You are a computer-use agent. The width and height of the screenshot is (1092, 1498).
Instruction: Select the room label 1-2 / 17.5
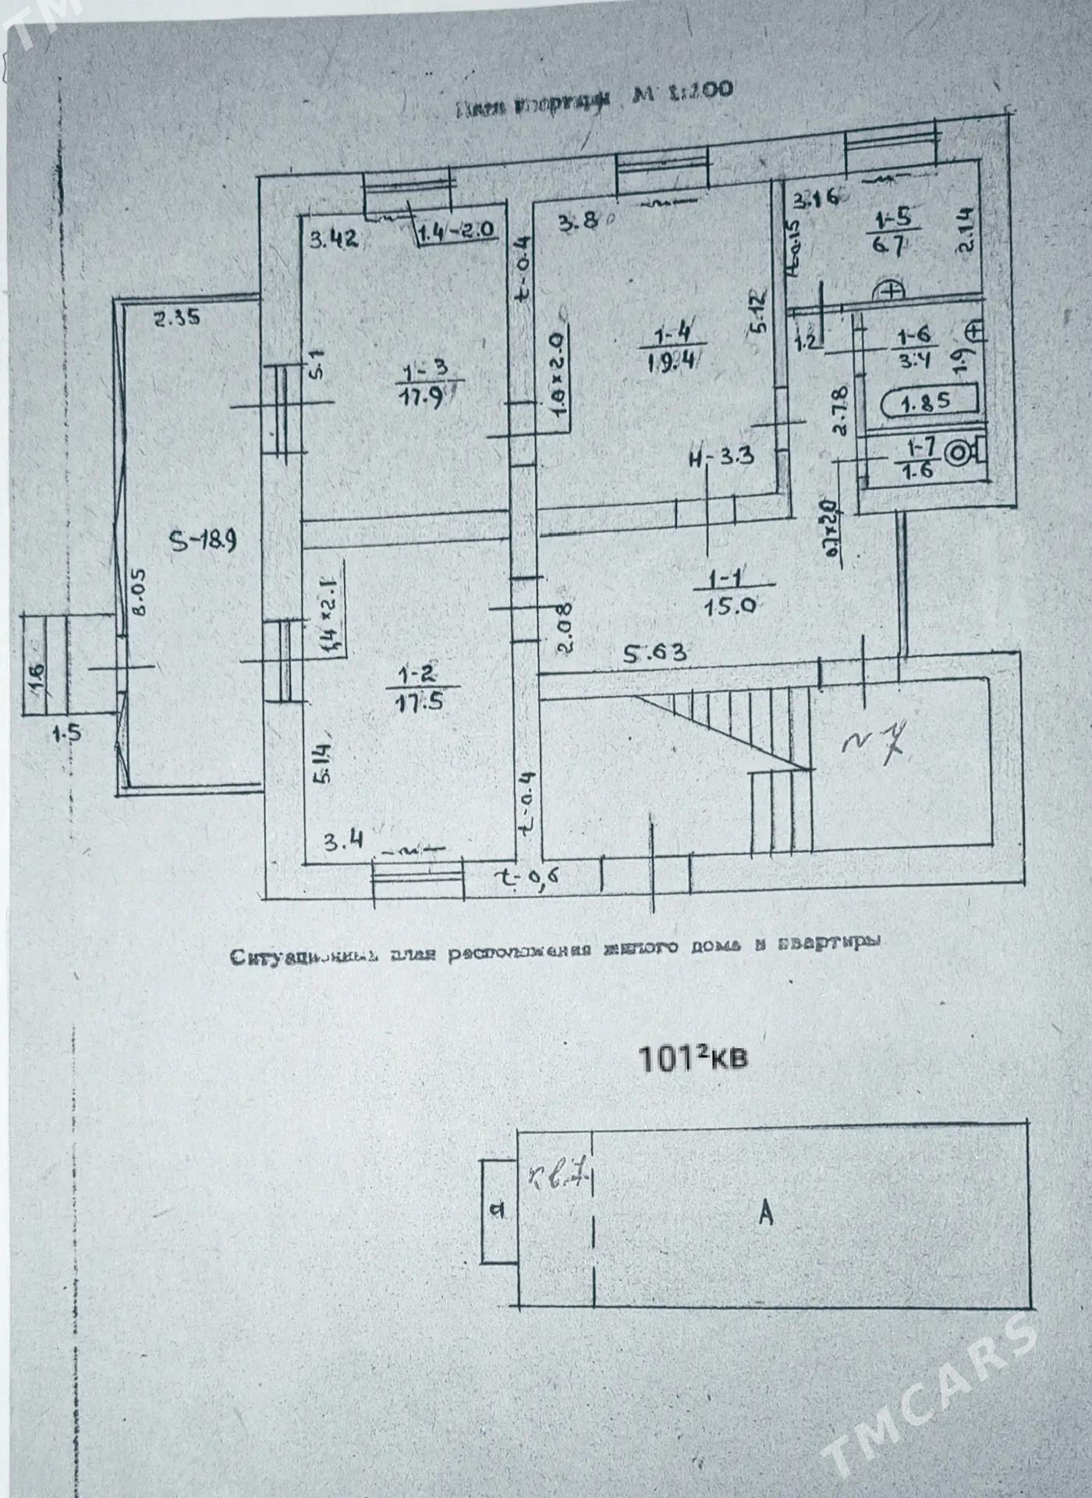(420, 687)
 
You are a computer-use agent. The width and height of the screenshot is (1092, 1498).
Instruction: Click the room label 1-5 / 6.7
(889, 231)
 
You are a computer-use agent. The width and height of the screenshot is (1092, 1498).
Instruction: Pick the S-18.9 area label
(204, 540)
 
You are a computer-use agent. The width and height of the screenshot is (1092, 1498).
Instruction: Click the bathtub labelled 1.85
(927, 403)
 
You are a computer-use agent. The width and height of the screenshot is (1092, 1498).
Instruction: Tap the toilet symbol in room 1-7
(959, 453)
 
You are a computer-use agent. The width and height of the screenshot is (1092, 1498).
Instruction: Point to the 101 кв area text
(693, 1059)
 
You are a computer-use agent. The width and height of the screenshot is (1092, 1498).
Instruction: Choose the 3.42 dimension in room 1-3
(333, 239)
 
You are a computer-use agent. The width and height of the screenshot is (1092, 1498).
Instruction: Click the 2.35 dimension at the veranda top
(176, 318)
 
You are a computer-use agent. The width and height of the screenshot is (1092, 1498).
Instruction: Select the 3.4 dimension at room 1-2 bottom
(343, 843)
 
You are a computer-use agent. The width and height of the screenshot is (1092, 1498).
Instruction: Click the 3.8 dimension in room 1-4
(579, 222)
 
